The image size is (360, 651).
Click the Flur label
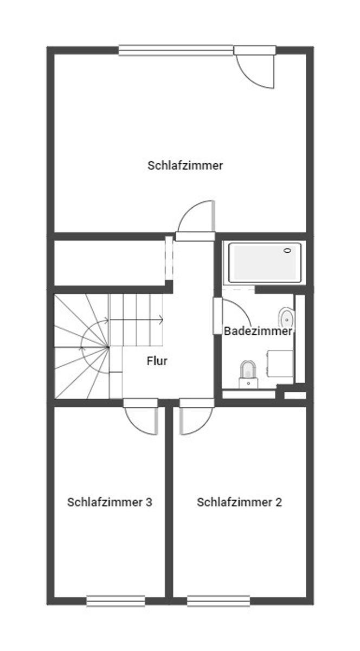[157, 361]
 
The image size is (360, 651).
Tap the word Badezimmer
[258, 331]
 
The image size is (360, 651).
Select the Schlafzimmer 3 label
[110, 502]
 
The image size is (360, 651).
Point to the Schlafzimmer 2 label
[240, 502]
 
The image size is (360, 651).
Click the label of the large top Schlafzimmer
[185, 165]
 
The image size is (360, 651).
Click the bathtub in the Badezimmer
[265, 263]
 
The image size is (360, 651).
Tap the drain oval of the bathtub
[288, 250]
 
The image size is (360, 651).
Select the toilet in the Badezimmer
[248, 374]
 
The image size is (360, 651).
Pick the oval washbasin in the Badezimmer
[286, 319]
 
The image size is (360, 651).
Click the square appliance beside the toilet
[280, 363]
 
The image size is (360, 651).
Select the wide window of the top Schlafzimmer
[176, 50]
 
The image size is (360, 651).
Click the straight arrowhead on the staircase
[160, 320]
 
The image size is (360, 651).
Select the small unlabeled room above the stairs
[110, 263]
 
